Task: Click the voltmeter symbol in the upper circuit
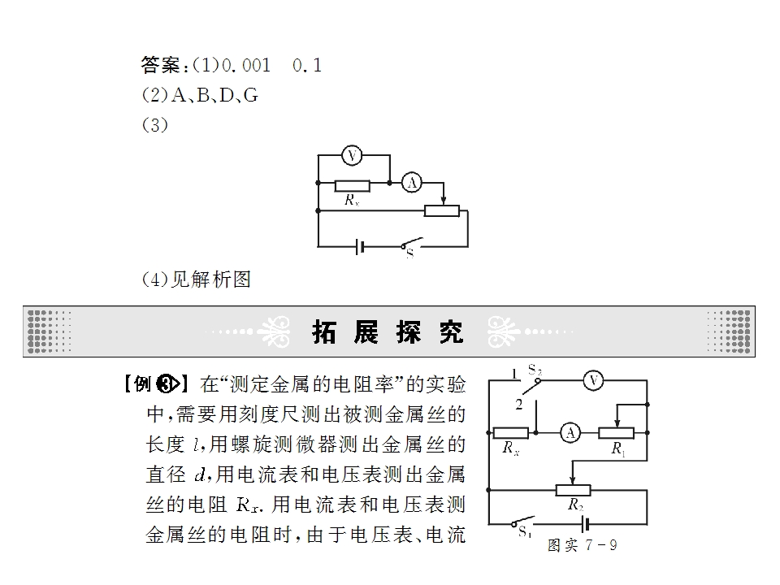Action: (x=352, y=156)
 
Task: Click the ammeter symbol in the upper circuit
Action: (x=411, y=183)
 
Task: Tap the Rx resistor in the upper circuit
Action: (x=352, y=186)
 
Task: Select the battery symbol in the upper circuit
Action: (x=360, y=247)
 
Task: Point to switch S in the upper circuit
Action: (x=411, y=244)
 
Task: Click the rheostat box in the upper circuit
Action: (x=442, y=210)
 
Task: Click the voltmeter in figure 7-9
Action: (x=593, y=380)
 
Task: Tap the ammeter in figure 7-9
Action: (x=570, y=433)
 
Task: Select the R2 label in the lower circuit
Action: (x=575, y=505)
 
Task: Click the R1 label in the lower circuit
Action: (x=618, y=449)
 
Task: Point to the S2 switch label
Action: (x=535, y=370)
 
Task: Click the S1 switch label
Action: (x=525, y=532)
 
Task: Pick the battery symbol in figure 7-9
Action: (x=586, y=524)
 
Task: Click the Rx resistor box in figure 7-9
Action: (x=511, y=433)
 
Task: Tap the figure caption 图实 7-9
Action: (x=582, y=545)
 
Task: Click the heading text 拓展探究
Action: (x=388, y=331)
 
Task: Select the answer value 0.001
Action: (x=245, y=65)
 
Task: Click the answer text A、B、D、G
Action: (x=214, y=95)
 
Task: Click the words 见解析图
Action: (x=211, y=279)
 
